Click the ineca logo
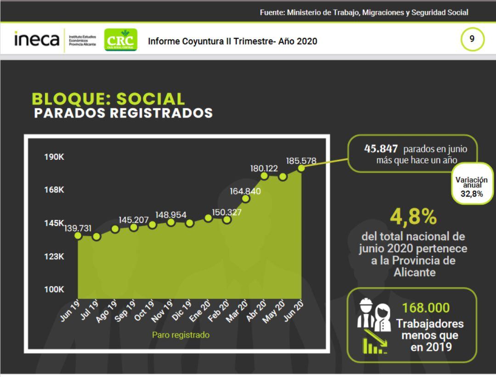coord(37,39)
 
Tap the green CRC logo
coord(120,40)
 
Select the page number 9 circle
coord(472,39)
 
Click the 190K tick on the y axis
coord(54,157)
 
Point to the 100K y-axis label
coord(54,290)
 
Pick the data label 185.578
coord(301,161)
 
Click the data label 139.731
coord(78,228)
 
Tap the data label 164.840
coord(245,191)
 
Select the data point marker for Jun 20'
coord(301,168)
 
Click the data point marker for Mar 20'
coord(246,199)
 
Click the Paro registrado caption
coord(180,335)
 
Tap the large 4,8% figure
coord(413,217)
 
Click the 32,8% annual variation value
coord(472,194)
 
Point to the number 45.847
coord(381,149)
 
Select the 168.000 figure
coord(426,308)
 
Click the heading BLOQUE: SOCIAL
coord(108,99)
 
